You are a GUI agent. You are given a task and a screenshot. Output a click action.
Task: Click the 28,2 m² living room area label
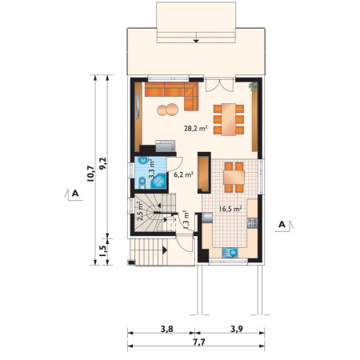tap(196, 128)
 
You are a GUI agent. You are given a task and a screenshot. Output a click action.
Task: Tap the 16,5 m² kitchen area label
tap(230, 209)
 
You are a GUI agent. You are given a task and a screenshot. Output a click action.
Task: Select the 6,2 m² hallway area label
tap(183, 175)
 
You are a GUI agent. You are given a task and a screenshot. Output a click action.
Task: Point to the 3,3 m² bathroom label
tap(152, 169)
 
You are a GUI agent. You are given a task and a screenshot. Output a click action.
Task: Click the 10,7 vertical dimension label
tap(90, 174)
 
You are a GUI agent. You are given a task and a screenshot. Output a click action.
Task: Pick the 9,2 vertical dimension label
tap(102, 163)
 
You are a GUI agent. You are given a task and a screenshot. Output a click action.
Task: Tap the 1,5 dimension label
tap(102, 251)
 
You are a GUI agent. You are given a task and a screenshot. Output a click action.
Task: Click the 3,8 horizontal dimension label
tap(167, 329)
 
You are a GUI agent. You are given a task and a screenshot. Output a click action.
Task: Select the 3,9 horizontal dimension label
tap(237, 329)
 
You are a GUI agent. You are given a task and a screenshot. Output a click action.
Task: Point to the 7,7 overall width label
tap(199, 342)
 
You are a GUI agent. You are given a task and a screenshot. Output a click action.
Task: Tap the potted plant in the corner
tap(253, 86)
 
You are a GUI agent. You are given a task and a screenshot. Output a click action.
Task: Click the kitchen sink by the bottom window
tap(230, 253)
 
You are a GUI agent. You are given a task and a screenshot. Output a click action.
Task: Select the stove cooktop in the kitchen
tap(252, 222)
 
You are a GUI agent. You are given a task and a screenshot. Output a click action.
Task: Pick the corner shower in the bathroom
tap(159, 181)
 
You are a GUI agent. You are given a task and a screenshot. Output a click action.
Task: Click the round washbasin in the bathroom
tap(143, 161)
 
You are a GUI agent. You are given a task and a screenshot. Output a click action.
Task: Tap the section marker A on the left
tap(74, 194)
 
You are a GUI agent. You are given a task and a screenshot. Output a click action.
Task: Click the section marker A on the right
tap(284, 226)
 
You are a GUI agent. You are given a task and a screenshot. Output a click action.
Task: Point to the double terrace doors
tap(220, 85)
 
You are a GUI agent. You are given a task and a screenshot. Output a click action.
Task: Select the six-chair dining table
tap(229, 119)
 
